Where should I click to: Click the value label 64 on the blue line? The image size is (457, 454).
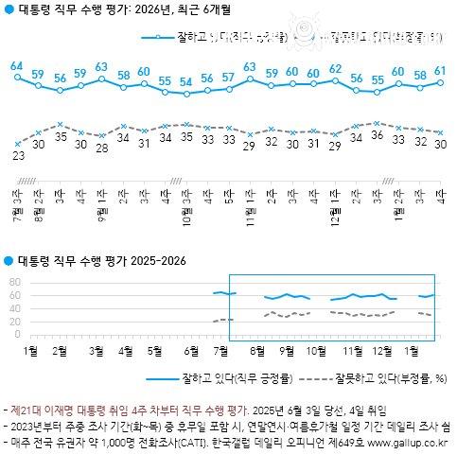[x=17, y=65]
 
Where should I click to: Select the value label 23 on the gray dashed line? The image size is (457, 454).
[x=18, y=156]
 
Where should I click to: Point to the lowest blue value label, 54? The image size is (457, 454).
[x=186, y=81]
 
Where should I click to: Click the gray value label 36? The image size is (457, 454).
[x=377, y=135]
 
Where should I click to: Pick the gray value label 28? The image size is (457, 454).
[x=102, y=147]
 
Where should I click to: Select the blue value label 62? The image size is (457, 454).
[x=335, y=68]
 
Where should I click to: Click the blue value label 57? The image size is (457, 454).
[x=228, y=77]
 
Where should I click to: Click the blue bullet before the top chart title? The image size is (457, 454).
[x=9, y=12]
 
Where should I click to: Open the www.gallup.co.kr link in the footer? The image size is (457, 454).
[x=410, y=440]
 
